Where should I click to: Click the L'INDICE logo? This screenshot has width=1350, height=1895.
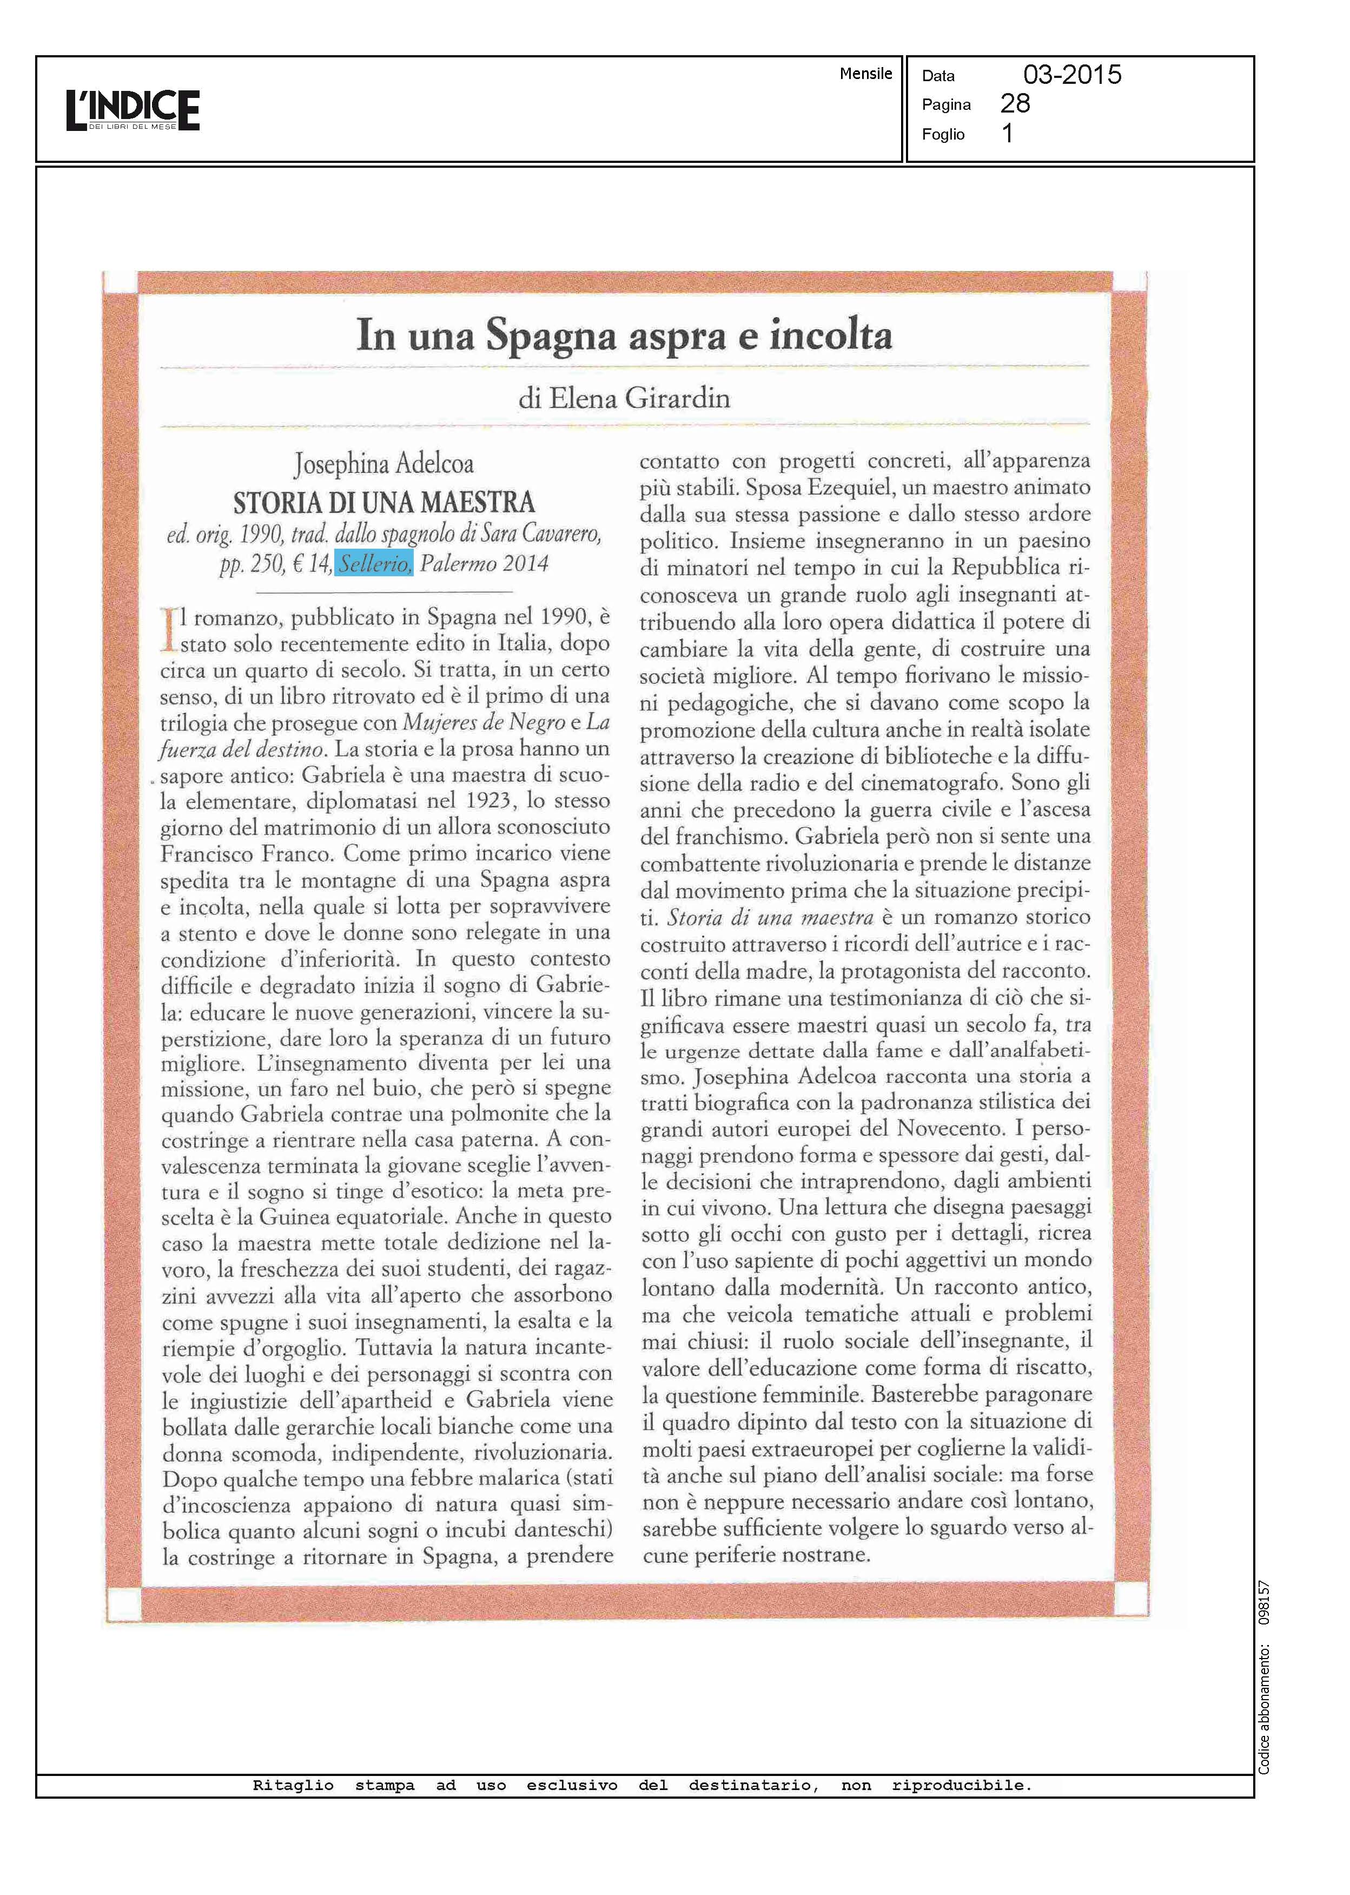click(133, 110)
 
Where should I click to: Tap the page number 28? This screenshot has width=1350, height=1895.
click(1015, 103)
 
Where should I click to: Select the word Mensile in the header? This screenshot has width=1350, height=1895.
click(865, 73)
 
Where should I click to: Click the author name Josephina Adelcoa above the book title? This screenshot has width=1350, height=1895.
click(383, 464)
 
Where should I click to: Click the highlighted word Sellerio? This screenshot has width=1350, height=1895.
click(374, 564)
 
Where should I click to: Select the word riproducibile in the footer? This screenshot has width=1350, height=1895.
click(961, 1785)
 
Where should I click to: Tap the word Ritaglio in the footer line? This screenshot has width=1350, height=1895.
click(293, 1785)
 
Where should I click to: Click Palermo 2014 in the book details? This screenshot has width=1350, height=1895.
click(484, 564)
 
